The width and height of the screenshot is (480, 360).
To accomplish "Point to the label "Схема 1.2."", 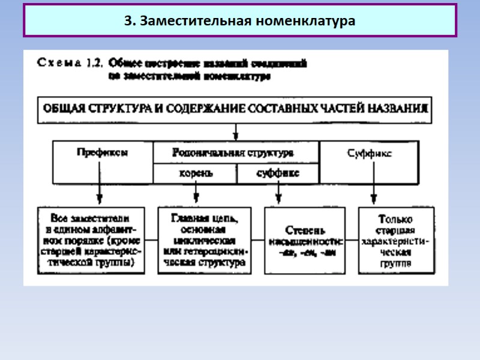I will (70, 62).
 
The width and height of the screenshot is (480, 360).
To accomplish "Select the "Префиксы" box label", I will (102, 152).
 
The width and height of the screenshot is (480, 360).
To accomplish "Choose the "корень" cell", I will (196, 174).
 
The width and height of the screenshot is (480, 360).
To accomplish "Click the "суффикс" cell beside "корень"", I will (277, 174).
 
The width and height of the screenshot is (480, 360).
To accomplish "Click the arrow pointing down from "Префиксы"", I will (100, 193).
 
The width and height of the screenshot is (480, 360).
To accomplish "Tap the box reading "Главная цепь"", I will (203, 240).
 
